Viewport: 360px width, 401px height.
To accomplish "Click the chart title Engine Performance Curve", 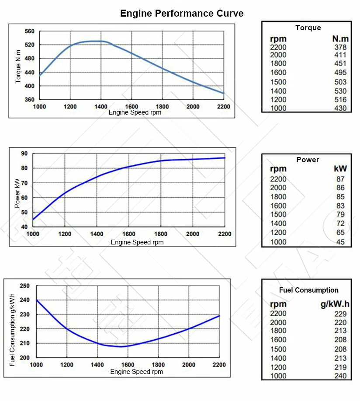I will coord(182,14).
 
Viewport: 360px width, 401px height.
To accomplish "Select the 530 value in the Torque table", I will coord(340,91).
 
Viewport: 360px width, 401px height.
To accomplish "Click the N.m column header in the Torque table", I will coord(340,39).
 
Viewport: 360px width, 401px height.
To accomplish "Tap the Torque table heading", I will coord(308,28).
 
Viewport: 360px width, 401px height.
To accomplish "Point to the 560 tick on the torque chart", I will coord(30,31).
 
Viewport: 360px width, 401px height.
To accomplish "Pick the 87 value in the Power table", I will coord(340,179).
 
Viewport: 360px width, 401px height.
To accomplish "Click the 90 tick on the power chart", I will coord(24,153).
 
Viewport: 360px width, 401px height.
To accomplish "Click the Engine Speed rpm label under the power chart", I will coord(137,242).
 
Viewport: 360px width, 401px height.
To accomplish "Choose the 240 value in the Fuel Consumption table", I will coord(340,376).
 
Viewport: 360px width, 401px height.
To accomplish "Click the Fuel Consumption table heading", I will coord(308,290).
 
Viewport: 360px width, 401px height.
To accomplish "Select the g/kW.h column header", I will coord(335,304).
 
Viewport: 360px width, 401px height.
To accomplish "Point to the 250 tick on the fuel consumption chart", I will coord(25,286).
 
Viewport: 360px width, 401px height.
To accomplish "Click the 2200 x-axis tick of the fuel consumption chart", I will coord(218,365).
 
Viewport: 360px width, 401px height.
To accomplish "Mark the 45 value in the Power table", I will coord(340,242).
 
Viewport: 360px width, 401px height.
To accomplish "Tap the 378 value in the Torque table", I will coord(340,47).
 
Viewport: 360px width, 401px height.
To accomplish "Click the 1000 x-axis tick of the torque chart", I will coord(39,106).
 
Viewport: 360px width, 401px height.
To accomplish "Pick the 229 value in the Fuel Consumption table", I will coord(340,314).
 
